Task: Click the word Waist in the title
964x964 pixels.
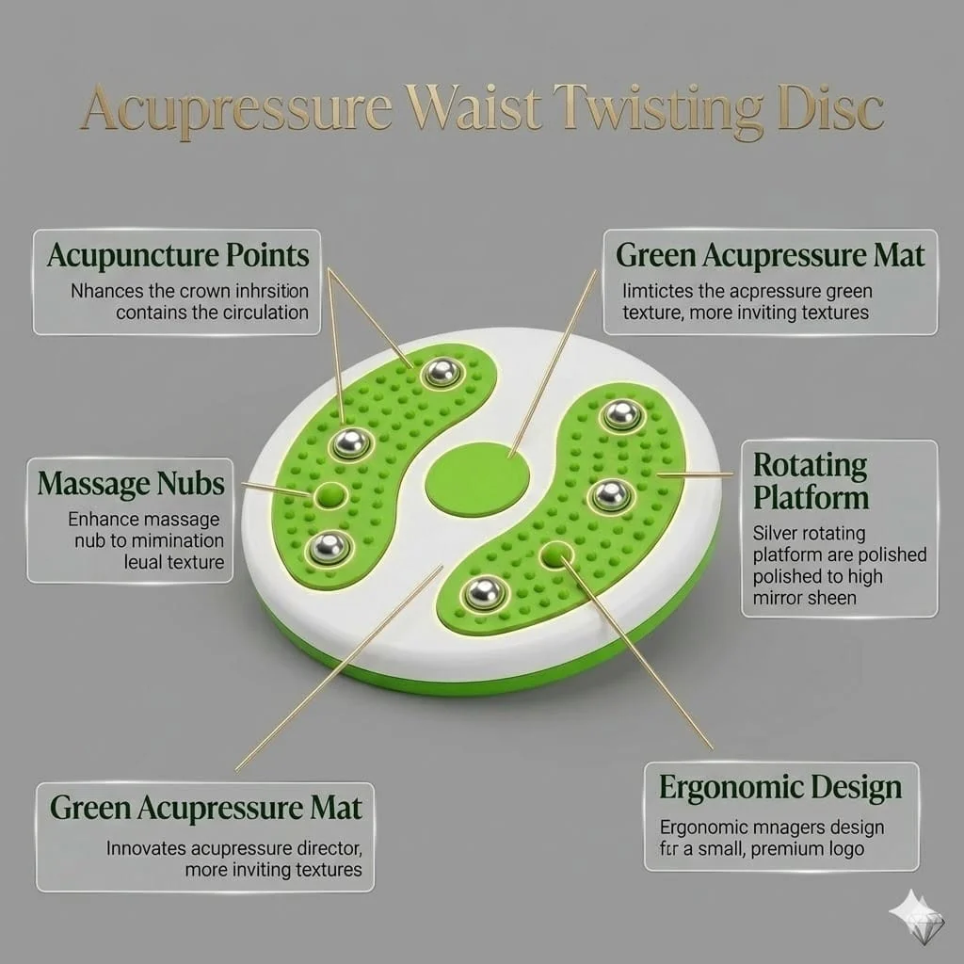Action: [473, 107]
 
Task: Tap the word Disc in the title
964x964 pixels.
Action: [830, 108]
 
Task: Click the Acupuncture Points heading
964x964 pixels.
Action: [178, 256]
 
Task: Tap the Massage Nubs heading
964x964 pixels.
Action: [131, 484]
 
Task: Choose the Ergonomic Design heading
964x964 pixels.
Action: [780, 788]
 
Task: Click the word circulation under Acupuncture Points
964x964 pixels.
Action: [265, 313]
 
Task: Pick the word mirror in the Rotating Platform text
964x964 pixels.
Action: [779, 598]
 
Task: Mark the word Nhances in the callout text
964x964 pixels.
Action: [106, 291]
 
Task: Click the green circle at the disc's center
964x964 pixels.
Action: [477, 479]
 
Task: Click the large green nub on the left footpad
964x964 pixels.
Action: [330, 495]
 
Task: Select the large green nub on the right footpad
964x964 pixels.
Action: [555, 555]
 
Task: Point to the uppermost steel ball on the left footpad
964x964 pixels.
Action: [442, 372]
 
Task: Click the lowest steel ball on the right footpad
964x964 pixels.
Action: [485, 593]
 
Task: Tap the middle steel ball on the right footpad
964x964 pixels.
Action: [610, 495]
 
